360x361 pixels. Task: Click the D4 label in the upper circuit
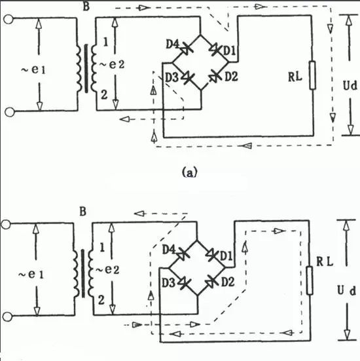(x=172, y=44)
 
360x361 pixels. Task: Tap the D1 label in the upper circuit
(x=230, y=51)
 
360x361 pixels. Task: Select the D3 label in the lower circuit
(x=168, y=283)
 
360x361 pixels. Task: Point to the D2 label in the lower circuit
(x=228, y=282)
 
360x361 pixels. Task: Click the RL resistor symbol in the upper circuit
(x=312, y=75)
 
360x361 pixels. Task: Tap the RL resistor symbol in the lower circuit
(x=310, y=280)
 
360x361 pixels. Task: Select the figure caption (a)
(x=190, y=172)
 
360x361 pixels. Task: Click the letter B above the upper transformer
(x=86, y=6)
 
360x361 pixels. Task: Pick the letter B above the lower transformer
(x=83, y=212)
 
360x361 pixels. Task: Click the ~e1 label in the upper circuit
(x=33, y=69)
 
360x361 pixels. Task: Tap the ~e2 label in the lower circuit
(x=107, y=269)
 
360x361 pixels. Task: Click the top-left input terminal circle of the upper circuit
(x=9, y=20)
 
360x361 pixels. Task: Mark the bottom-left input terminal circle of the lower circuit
(x=7, y=317)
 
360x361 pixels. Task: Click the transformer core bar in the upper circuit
(x=86, y=69)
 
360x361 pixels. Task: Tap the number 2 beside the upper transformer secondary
(x=104, y=94)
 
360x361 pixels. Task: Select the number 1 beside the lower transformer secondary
(x=102, y=248)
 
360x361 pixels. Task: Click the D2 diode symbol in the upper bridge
(x=215, y=77)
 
